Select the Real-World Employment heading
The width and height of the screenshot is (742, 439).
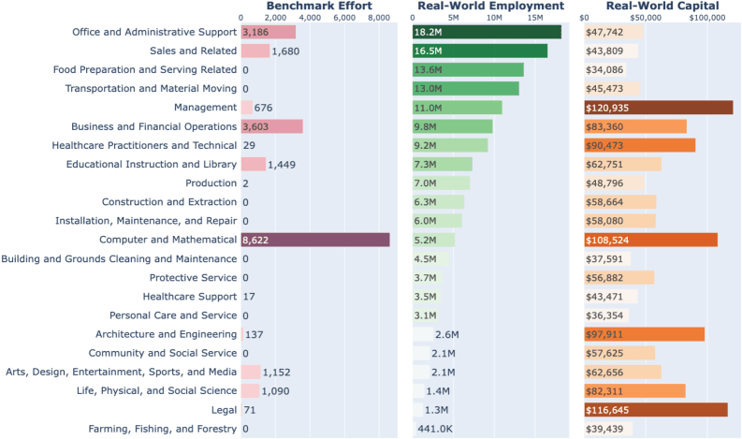(x=490, y=7)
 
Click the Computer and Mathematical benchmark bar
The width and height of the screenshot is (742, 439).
(x=315, y=240)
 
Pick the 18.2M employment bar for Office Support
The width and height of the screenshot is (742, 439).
(x=487, y=32)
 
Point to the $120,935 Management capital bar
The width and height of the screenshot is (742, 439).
(x=657, y=108)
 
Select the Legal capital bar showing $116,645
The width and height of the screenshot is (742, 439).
(x=654, y=410)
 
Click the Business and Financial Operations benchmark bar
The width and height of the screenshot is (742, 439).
(x=271, y=126)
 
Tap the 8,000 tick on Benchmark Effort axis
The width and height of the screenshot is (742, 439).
(x=378, y=18)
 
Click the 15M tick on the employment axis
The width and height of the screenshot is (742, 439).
(x=534, y=18)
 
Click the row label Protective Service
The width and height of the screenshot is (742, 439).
(x=193, y=278)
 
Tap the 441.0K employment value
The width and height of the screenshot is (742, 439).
(x=436, y=429)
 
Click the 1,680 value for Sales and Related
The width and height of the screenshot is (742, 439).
(x=286, y=51)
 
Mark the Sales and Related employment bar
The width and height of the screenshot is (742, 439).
(x=480, y=51)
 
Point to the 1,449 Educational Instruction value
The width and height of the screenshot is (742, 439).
(x=283, y=165)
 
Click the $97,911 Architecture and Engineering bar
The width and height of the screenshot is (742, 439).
(x=643, y=334)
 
